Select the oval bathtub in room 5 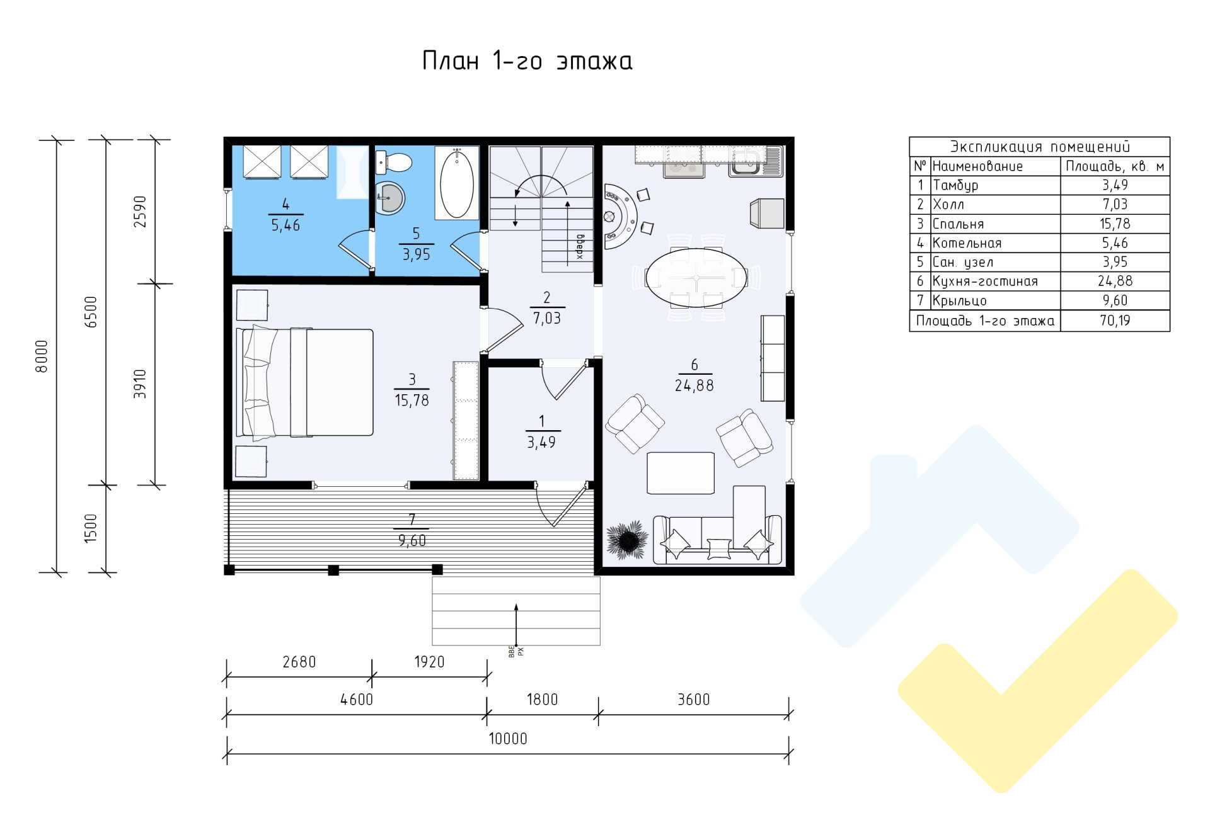point(457,183)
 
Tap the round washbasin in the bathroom point(391,198)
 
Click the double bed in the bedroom point(304,382)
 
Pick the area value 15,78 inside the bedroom point(412,401)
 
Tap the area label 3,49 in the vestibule point(541,443)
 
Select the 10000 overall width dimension point(508,739)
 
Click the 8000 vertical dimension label point(42,356)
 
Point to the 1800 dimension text point(542,700)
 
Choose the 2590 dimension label point(140,212)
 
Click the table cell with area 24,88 point(1115,282)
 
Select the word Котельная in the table point(967,243)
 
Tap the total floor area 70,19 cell point(1115,321)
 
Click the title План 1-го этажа point(527,61)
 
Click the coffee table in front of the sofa point(681,473)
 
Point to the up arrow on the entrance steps point(516,624)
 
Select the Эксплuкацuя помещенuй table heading point(1040,147)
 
